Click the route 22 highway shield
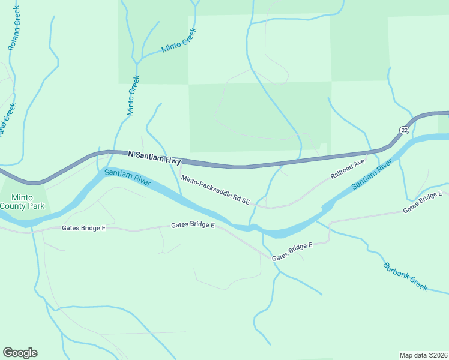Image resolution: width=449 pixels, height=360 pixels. tap(403, 130)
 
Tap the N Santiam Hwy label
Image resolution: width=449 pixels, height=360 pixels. tap(155, 154)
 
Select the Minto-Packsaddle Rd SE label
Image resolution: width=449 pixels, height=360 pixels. tap(215, 189)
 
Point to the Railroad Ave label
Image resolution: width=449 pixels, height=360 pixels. tap(348, 169)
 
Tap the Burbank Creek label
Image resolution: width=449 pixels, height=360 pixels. tap(405, 277)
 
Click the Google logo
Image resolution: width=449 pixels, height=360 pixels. tap(20, 353)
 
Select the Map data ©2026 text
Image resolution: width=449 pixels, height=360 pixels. tap(423, 355)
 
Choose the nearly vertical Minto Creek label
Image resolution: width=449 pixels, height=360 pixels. tap(133, 95)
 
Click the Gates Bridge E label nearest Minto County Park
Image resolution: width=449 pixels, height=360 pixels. tap(83, 229)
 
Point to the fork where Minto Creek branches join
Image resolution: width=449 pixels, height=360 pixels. tap(137, 62)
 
